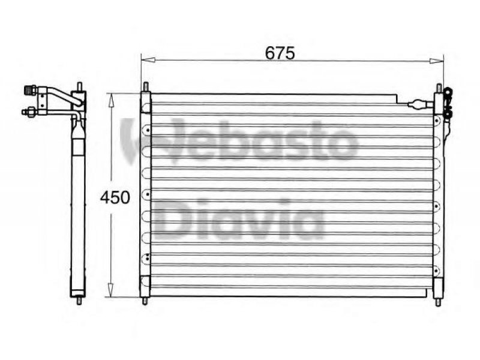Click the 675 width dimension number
tap(280, 53)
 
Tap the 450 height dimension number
tap(115, 197)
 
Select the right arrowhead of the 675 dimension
tap(437, 61)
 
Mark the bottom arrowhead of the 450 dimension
tap(111, 290)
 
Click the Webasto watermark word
tap(239, 140)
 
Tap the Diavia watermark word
tap(239, 220)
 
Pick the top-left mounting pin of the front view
tap(146, 86)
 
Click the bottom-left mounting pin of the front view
tap(145, 301)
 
